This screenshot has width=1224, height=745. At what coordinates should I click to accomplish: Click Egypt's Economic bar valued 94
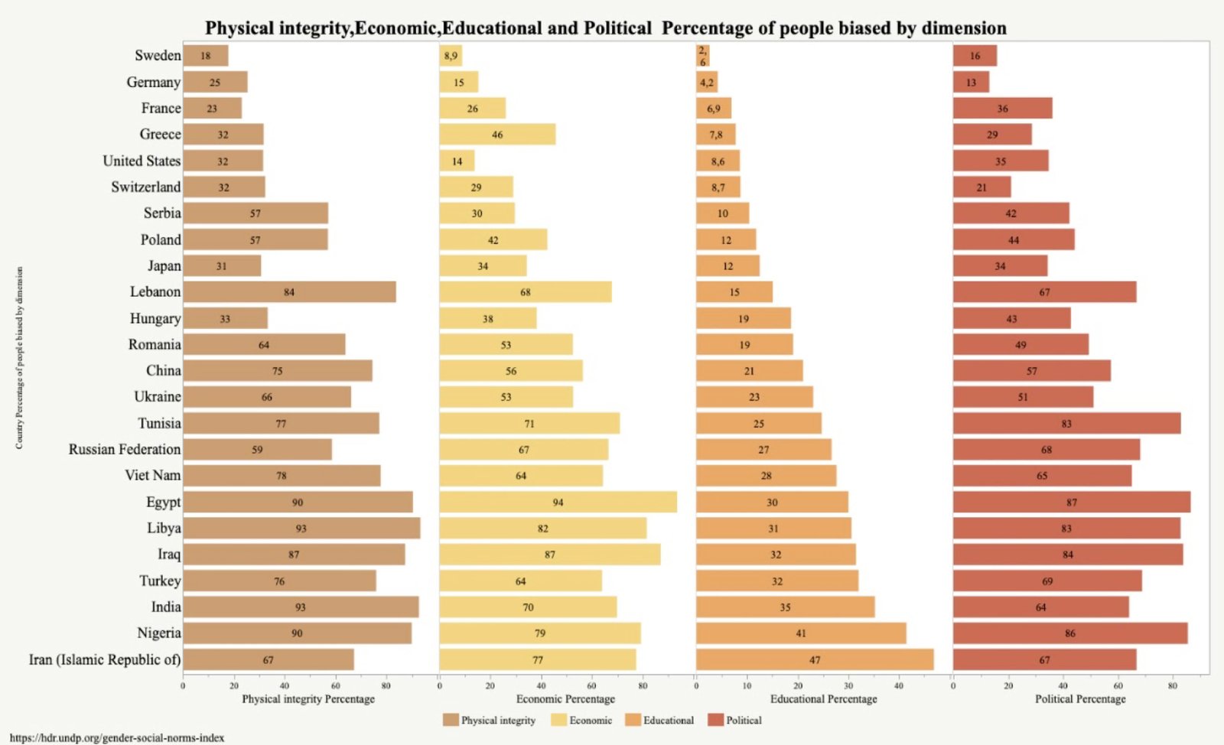pyautogui.click(x=558, y=502)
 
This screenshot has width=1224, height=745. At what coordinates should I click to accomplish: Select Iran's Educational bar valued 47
pyautogui.click(x=815, y=659)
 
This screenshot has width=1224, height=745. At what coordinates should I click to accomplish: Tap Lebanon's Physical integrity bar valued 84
pyautogui.click(x=289, y=292)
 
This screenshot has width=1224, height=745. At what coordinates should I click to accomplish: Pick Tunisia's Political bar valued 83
pyautogui.click(x=1066, y=423)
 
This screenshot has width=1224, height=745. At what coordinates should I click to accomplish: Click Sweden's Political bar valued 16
pyautogui.click(x=975, y=56)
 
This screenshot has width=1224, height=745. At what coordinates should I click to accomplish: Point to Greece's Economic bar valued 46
pyautogui.click(x=497, y=135)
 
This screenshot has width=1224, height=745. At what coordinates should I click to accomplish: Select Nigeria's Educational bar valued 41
pyautogui.click(x=801, y=633)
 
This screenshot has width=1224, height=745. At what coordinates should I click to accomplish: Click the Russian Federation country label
pyautogui.click(x=125, y=450)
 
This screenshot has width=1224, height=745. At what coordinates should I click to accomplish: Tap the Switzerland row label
pyautogui.click(x=146, y=187)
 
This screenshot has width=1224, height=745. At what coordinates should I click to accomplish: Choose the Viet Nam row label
pyautogui.click(x=153, y=476)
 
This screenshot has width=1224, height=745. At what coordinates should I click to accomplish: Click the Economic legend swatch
pyautogui.click(x=558, y=720)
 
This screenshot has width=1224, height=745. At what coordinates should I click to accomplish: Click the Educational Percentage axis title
pyautogui.click(x=823, y=698)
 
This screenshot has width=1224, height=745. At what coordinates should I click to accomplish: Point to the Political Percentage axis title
pyautogui.click(x=1080, y=698)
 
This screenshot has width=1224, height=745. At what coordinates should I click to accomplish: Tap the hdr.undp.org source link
pyautogui.click(x=117, y=738)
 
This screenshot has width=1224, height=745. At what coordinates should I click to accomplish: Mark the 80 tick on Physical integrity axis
pyautogui.click(x=386, y=685)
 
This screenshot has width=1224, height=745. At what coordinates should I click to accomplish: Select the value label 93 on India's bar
pyautogui.click(x=301, y=607)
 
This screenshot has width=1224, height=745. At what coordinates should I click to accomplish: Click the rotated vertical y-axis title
pyautogui.click(x=19, y=357)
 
